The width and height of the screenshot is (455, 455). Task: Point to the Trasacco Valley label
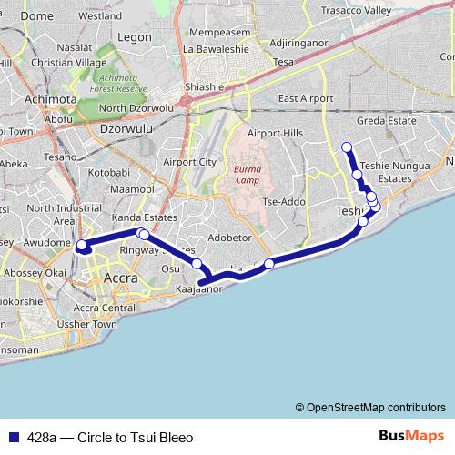tap(364, 10)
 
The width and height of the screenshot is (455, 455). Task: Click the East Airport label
tap(307, 98)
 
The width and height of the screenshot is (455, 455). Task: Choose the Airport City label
tap(189, 162)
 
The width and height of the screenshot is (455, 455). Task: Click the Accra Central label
tap(104, 308)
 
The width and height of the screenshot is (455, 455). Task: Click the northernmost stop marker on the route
tap(346, 147)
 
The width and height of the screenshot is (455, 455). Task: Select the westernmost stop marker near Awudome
tap(81, 245)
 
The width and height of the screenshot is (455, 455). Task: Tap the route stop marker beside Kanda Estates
tap(143, 234)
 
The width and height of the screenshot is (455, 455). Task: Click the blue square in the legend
tap(12, 438)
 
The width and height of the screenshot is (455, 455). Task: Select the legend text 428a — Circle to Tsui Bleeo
tap(110, 438)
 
